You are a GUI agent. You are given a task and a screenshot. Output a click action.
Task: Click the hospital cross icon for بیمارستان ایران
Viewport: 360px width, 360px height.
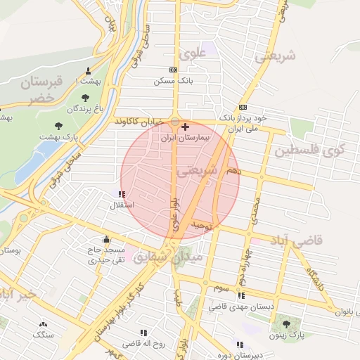[185, 127]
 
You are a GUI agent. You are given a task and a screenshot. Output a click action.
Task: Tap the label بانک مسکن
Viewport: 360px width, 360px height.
[173, 82]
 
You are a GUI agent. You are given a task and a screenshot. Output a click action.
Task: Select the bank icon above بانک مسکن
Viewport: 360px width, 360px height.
[173, 70]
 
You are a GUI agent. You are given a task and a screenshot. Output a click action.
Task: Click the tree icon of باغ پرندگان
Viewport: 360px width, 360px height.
[86, 98]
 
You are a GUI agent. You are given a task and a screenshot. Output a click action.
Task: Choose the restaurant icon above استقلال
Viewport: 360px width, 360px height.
[123, 194]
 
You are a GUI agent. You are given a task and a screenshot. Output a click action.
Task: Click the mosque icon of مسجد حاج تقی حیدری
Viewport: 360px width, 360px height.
[106, 240]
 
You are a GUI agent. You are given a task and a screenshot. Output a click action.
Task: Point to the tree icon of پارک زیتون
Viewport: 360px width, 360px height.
[286, 323]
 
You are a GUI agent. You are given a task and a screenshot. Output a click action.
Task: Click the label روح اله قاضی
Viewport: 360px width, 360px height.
[143, 344]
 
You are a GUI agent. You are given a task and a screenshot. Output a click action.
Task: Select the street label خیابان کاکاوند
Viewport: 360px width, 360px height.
[141, 121]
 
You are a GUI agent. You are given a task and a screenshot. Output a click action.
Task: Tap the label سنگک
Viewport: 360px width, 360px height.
[44, 335]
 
